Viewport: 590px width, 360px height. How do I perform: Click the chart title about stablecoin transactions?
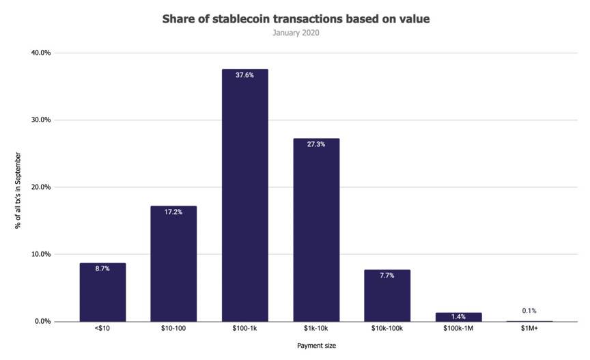click(295, 19)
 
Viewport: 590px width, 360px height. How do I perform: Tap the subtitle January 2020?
click(295, 32)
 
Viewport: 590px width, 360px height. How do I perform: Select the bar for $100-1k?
click(244, 198)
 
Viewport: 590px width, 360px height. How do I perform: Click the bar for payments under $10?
click(102, 294)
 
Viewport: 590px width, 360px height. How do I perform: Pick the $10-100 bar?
click(173, 266)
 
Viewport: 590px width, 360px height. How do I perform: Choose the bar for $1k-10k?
click(315, 232)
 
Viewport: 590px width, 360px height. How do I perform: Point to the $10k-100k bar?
click(387, 297)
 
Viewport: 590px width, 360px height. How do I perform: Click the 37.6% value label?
click(244, 75)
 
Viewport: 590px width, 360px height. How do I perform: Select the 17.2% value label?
click(173, 212)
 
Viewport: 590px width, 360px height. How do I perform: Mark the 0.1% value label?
click(529, 311)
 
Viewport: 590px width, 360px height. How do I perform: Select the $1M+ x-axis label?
click(529, 329)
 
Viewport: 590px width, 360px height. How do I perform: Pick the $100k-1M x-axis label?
click(458, 329)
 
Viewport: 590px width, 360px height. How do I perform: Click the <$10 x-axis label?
click(102, 329)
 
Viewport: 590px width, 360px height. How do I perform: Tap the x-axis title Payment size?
click(316, 346)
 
